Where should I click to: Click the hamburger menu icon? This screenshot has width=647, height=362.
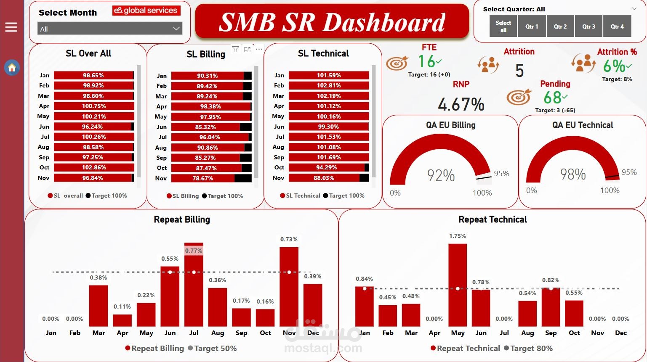pyautogui.click(x=11, y=27)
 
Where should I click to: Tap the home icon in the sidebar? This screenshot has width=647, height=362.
pyautogui.click(x=12, y=67)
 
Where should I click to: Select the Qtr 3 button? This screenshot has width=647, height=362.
pyautogui.click(x=588, y=26)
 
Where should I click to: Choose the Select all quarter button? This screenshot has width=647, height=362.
pyautogui.click(x=503, y=26)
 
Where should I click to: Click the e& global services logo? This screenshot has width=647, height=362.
pyautogui.click(x=146, y=11)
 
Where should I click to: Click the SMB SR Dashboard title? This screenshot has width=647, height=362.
pyautogui.click(x=332, y=22)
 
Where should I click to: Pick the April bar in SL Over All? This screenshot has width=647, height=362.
pyautogui.click(x=93, y=106)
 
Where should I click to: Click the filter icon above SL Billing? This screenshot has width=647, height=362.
pyautogui.click(x=235, y=50)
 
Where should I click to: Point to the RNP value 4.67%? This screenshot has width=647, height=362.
pyautogui.click(x=461, y=104)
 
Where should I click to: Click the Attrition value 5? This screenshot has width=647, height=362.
pyautogui.click(x=519, y=71)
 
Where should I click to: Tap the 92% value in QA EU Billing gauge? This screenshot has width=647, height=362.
pyautogui.click(x=441, y=175)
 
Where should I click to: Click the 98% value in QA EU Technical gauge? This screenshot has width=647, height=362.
pyautogui.click(x=572, y=174)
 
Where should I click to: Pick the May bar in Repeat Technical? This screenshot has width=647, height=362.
pyautogui.click(x=458, y=286)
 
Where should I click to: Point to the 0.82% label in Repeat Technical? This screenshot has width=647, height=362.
pyautogui.click(x=551, y=280)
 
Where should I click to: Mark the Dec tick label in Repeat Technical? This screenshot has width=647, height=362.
pyautogui.click(x=620, y=333)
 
